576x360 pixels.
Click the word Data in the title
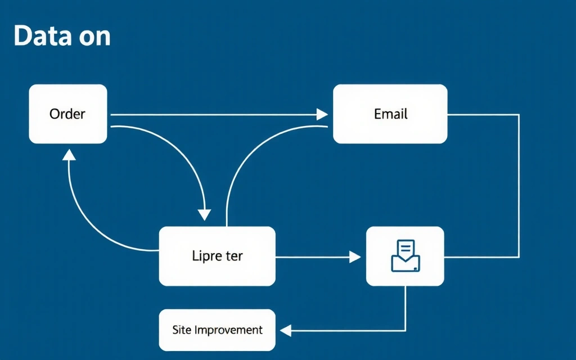[42, 36]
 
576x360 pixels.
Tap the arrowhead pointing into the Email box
[322, 115]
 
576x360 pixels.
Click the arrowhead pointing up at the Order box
[69, 155]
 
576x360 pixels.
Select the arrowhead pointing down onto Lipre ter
[205, 214]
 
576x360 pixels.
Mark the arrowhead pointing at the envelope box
[354, 257]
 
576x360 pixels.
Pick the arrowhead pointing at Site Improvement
[286, 330]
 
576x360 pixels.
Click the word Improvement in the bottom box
[228, 330]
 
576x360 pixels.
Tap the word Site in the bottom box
[182, 330]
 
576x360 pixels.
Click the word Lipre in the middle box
[204, 256]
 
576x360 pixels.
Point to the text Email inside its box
[390, 114]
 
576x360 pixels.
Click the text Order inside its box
[67, 114]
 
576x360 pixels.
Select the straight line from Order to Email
[214, 115]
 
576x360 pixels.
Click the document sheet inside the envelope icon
[406, 248]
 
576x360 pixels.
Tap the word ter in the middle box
[233, 256]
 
